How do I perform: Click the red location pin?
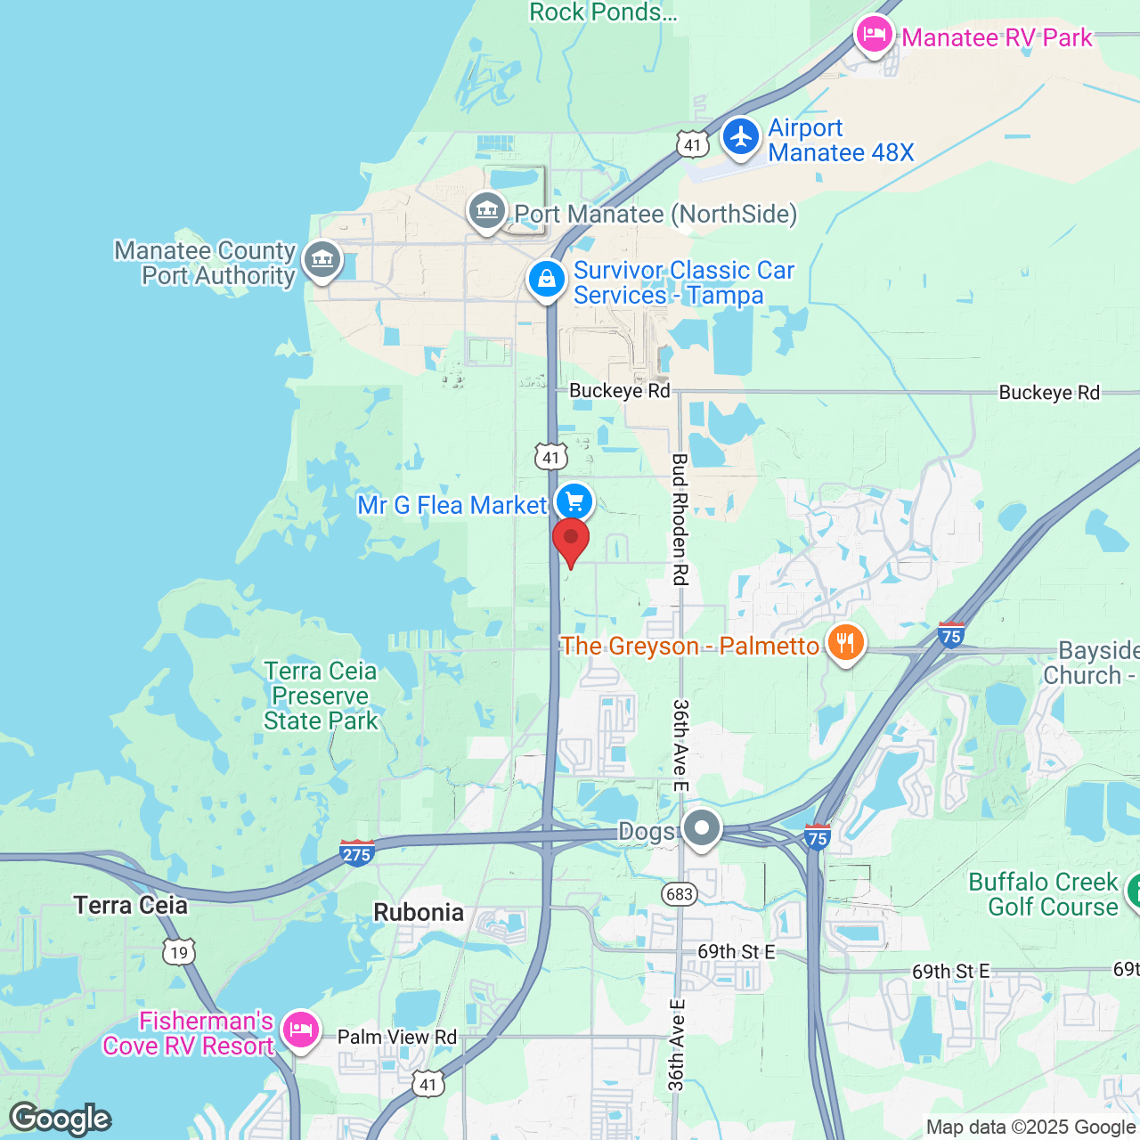[571, 540]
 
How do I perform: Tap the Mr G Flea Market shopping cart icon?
[574, 501]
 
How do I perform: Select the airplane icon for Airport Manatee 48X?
[740, 137]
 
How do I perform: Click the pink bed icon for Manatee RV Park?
[874, 36]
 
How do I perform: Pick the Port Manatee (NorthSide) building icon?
[486, 211]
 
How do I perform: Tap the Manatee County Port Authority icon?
[322, 260]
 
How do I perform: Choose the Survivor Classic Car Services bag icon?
[547, 280]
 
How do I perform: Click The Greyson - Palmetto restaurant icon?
[845, 643]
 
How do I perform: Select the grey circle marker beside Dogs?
[702, 828]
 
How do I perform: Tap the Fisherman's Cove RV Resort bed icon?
[301, 1030]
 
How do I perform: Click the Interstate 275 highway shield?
[356, 853]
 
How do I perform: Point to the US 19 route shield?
[179, 952]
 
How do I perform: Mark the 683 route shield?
[679, 893]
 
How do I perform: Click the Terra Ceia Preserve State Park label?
[321, 696]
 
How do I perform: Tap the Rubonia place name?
[419, 912]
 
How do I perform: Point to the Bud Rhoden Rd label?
[680, 519]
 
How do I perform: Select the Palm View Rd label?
[397, 1037]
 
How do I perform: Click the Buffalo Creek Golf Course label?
[1043, 894]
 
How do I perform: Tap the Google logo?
[60, 1119]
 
